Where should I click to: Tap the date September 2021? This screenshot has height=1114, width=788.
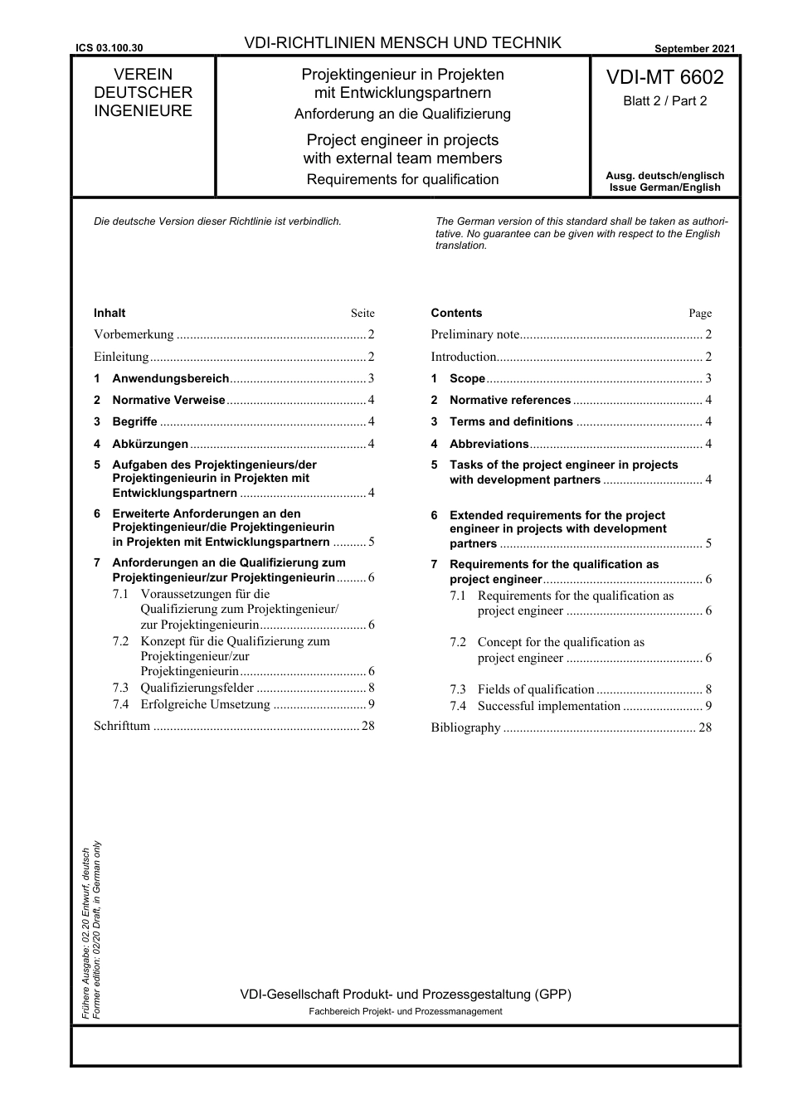694,49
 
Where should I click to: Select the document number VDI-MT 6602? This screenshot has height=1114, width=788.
664,78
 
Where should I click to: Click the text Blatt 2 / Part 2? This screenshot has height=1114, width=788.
664,101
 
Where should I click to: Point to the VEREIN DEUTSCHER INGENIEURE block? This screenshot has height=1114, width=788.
143,93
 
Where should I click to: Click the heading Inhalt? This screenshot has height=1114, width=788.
109,314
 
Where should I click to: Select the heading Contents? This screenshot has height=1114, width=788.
456,314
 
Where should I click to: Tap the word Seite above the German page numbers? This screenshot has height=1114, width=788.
362,314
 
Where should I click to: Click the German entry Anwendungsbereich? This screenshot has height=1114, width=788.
170,378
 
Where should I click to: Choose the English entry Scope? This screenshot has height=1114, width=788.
467,378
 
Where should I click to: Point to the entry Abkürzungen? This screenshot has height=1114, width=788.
150,444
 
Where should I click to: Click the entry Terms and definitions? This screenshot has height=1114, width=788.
511,421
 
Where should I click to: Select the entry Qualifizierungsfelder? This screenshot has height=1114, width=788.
197,688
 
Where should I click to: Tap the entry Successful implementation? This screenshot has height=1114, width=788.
549,706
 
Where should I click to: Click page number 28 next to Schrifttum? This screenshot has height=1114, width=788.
368,726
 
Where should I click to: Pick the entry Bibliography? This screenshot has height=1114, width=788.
465,727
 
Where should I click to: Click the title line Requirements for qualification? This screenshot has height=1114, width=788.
402,179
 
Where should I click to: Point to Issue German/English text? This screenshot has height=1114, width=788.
664,187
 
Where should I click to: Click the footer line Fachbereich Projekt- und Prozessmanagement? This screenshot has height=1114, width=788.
405,1011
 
